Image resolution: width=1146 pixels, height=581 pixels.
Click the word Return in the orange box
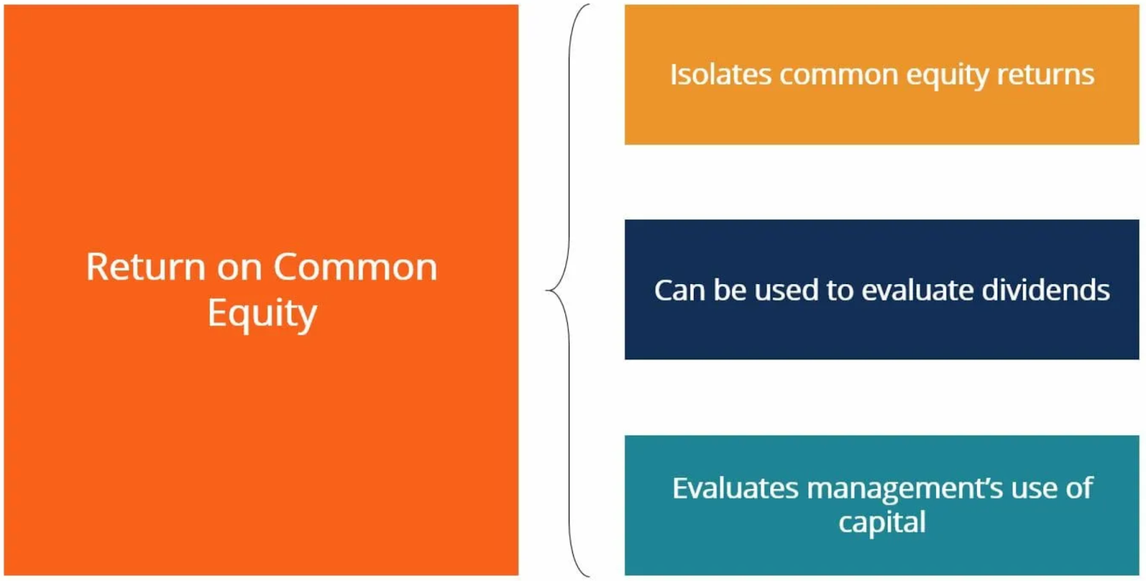pyautogui.click(x=146, y=267)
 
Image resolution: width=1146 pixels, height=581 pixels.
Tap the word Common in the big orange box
pyautogui.click(x=355, y=267)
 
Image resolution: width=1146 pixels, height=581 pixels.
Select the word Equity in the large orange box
pyautogui.click(x=262, y=313)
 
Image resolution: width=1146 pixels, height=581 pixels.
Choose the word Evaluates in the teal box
pyautogui.click(x=735, y=488)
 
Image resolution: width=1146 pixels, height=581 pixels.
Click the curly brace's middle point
pyautogui.click(x=546, y=290)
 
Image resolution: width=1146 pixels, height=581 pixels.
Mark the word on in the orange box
pyautogui.click(x=239, y=268)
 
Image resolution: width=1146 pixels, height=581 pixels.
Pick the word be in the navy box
pyautogui.click(x=729, y=290)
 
